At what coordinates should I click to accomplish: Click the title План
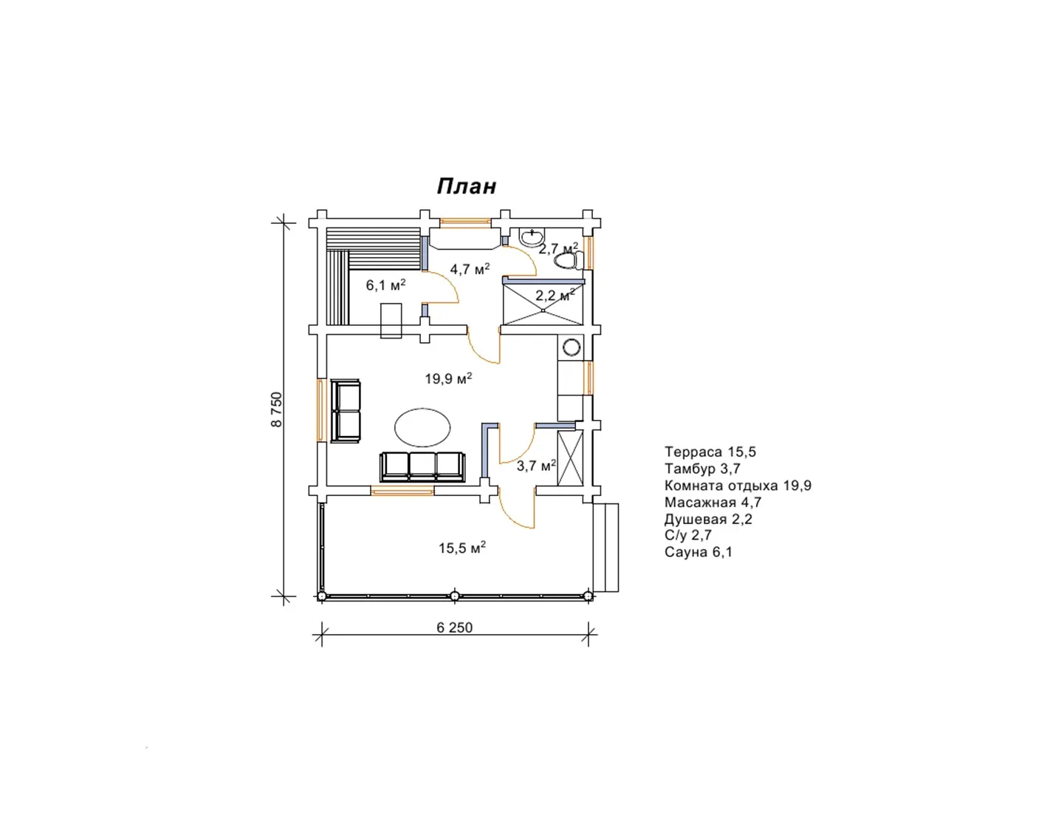[466, 187]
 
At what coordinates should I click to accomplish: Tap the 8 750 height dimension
[276, 409]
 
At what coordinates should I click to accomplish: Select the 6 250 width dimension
[455, 627]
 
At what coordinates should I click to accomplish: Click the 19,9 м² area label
[448, 378]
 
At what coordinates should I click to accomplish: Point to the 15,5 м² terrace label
[462, 548]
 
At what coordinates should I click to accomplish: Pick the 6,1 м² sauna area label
[385, 285]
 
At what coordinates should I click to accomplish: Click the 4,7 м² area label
[470, 268]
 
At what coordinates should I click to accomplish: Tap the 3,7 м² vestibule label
[536, 466]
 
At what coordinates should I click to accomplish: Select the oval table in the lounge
[423, 427]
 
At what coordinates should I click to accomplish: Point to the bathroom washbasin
[532, 237]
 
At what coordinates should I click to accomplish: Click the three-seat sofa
[423, 466]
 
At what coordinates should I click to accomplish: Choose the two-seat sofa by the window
[346, 411]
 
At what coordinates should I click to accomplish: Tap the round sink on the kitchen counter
[572, 347]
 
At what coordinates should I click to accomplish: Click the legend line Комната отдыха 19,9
[738, 486]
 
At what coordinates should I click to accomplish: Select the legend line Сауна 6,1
[699, 552]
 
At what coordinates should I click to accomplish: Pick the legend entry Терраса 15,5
[710, 452]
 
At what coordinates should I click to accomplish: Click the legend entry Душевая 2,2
[708, 519]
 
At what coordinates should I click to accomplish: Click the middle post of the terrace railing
[454, 596]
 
